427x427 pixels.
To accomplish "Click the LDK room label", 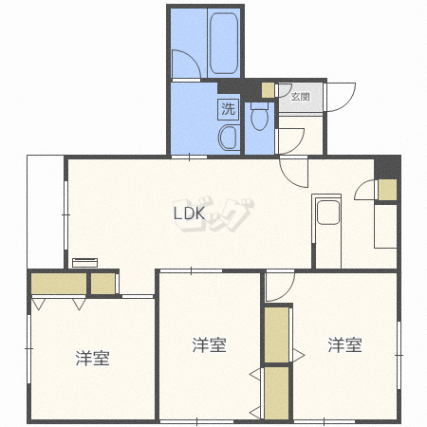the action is point(190,213).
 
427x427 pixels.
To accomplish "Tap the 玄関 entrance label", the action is point(300,97).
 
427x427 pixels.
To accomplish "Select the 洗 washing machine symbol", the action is point(228,109).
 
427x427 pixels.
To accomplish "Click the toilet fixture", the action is point(259,117).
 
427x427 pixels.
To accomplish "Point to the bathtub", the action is point(224,43).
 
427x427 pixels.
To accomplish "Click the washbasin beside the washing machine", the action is point(229,138).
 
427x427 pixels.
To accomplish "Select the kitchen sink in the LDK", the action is point(328,213).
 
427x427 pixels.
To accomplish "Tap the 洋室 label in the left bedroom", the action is point(92,359).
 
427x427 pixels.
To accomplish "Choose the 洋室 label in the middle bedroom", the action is point(209,345).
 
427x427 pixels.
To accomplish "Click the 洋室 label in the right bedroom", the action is point(344,345).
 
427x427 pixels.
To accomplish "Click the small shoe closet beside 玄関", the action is point(268,90).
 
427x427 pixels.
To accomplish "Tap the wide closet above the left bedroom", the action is point(59,284).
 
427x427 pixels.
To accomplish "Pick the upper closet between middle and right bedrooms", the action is point(276,335).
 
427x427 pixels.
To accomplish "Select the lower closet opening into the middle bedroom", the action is point(276,393).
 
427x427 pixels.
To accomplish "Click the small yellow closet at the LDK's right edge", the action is point(387,190).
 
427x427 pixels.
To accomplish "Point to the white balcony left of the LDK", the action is point(46,212).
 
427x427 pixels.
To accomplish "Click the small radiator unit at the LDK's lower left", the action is point(84,263).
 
